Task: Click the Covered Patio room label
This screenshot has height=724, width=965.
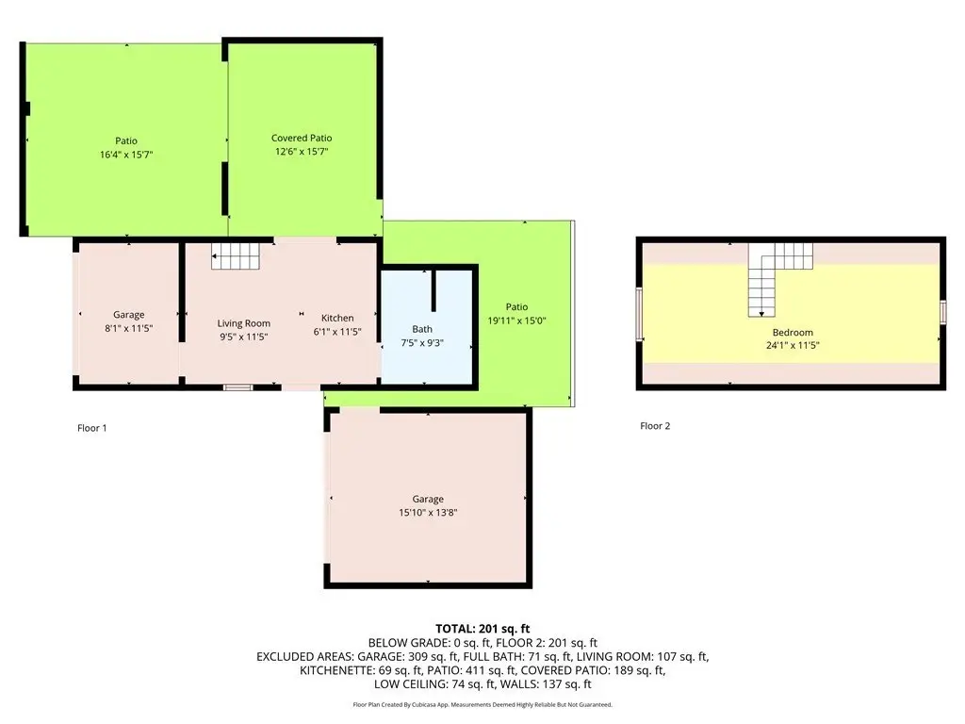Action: click(x=302, y=138)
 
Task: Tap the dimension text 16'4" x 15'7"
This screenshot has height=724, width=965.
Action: click(x=126, y=155)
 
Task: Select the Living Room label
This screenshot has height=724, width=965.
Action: click(x=244, y=323)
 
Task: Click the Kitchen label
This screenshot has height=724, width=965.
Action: click(x=337, y=318)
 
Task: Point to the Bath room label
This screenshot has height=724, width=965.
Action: click(x=422, y=329)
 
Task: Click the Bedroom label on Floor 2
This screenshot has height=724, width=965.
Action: click(x=793, y=333)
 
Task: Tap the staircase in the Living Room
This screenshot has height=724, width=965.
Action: click(x=235, y=256)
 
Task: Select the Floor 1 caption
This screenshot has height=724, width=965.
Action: click(x=92, y=428)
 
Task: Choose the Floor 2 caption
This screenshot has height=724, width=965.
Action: click(x=655, y=425)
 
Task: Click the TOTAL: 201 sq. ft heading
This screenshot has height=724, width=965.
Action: click(x=482, y=629)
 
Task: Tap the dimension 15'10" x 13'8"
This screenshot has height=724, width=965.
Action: click(x=428, y=512)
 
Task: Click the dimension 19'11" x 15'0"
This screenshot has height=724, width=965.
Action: click(x=517, y=321)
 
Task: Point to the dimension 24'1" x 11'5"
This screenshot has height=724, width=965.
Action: click(x=793, y=345)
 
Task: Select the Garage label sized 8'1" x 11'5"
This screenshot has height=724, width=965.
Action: click(x=128, y=315)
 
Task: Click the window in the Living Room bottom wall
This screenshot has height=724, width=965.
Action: click(x=237, y=387)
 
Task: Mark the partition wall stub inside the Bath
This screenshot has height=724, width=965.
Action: click(x=433, y=289)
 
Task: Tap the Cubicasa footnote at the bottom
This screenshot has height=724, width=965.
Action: click(x=482, y=704)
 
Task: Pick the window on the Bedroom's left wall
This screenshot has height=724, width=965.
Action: click(x=640, y=313)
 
